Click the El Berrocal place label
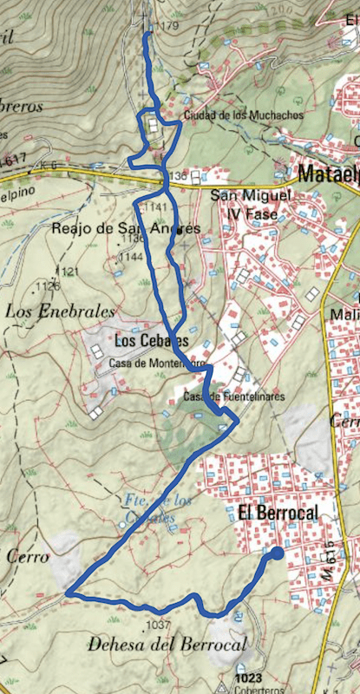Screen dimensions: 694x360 coord(274,513)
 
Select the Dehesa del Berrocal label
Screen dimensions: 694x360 coord(167,644)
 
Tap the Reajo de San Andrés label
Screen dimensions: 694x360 coord(126,228)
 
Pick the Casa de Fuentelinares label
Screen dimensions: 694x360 coord(234,397)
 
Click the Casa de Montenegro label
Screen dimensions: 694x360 coord(157,364)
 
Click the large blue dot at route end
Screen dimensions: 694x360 coord(277,553)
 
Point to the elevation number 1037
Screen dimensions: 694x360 coord(157,625)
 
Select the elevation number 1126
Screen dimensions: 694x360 coord(49,285)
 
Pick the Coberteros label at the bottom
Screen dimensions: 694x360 coord(257,691)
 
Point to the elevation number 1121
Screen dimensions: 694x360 coord(69,272)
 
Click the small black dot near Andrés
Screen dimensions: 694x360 coord(178,231)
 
